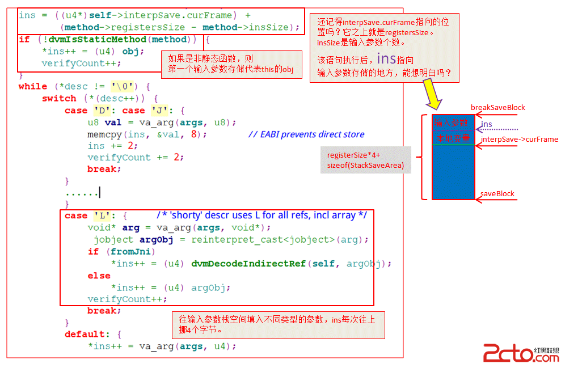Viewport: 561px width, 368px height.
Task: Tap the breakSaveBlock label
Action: tap(497, 108)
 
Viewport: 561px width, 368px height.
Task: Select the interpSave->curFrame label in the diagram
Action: tap(519, 139)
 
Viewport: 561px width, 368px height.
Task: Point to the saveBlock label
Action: tap(497, 194)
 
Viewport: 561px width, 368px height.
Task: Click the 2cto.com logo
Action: tap(521, 354)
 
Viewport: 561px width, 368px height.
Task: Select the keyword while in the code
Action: tap(33, 87)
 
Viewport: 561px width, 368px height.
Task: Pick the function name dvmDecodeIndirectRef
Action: tap(248, 264)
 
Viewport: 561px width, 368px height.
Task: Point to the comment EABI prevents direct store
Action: tap(306, 134)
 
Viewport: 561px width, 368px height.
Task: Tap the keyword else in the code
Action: tap(99, 276)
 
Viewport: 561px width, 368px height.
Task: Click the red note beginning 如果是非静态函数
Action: tap(232, 64)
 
